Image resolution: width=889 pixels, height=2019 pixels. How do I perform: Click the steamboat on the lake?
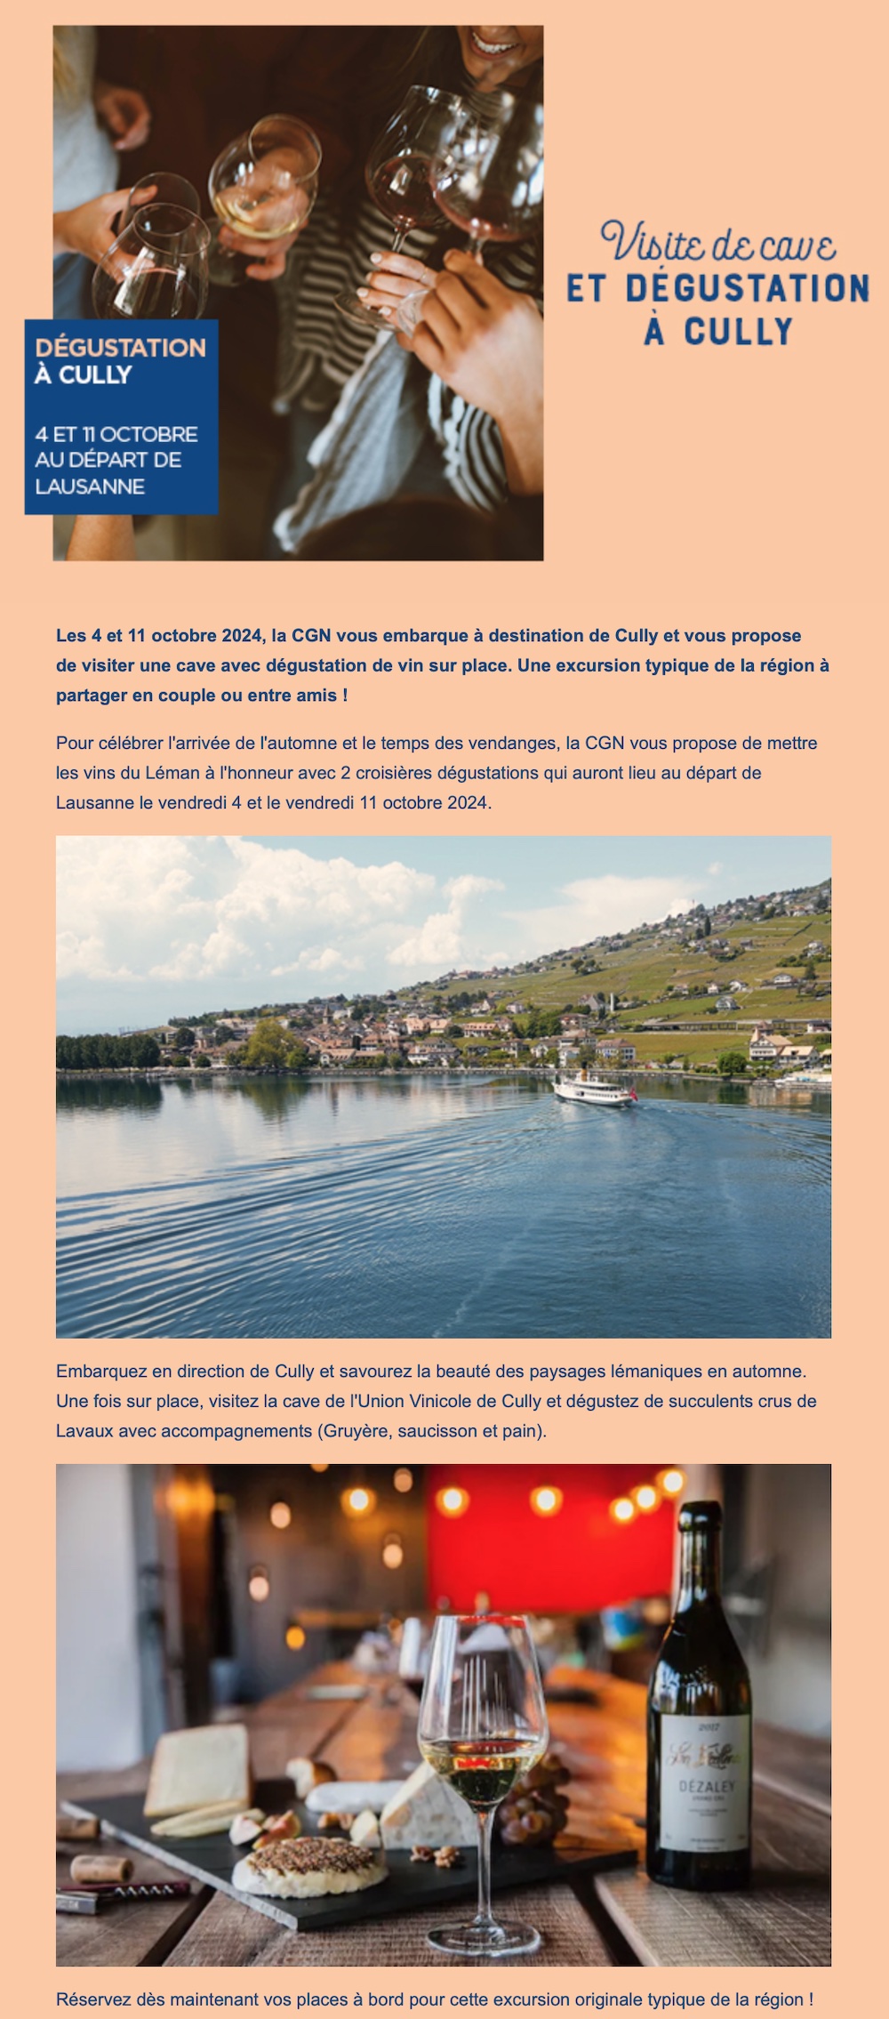pos(594,1090)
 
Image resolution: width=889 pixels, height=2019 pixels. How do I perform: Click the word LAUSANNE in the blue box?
pos(90,487)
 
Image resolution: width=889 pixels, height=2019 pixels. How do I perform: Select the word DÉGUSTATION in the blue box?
pos(120,348)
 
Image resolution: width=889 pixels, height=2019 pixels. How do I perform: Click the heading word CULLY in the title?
pos(738,332)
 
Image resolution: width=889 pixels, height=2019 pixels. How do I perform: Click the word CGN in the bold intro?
pos(311,636)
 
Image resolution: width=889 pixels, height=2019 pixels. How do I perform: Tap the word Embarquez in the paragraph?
pos(98,1371)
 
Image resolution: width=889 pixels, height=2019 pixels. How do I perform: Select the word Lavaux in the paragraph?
pos(84,1431)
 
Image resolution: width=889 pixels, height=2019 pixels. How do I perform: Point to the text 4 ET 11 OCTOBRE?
pos(116,434)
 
